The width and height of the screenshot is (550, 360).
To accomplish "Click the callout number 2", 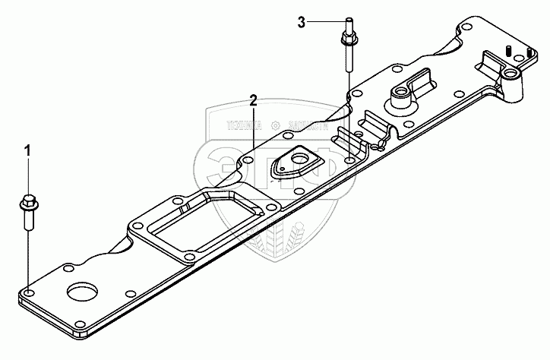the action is click(254, 100).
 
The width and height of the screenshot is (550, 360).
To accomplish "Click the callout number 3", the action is click(302, 23).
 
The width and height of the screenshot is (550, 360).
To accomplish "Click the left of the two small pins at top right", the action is click(504, 51).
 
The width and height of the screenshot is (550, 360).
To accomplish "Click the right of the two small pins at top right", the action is click(523, 54).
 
